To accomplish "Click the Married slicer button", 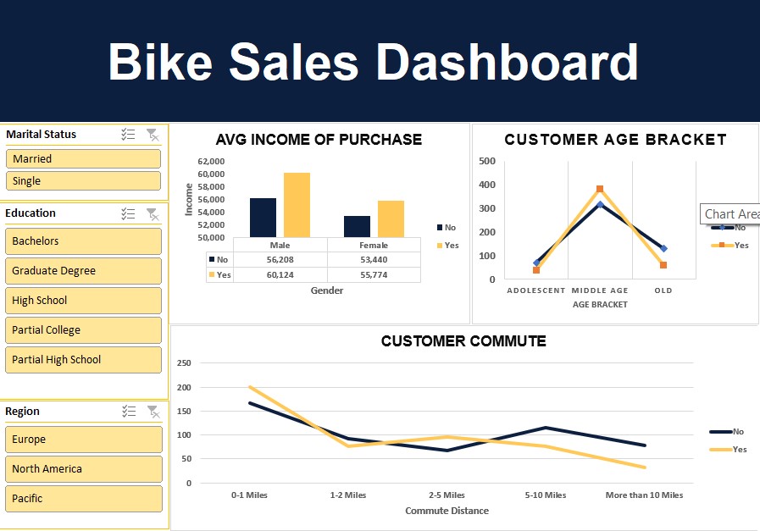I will click(83, 158).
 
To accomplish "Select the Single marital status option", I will click(83, 180).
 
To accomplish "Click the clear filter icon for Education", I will click(153, 213).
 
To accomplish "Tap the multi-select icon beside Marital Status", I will click(129, 135).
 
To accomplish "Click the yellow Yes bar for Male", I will click(297, 205).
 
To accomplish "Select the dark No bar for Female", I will click(357, 226).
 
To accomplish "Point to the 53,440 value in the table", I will click(373, 260).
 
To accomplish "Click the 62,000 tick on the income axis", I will click(211, 161).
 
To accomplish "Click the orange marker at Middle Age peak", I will click(600, 190).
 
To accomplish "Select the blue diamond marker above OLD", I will click(663, 248).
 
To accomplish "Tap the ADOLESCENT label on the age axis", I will click(535, 290).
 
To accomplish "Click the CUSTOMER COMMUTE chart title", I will click(463, 341).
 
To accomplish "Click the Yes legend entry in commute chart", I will click(739, 450).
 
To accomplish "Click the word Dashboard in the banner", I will click(507, 62).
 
